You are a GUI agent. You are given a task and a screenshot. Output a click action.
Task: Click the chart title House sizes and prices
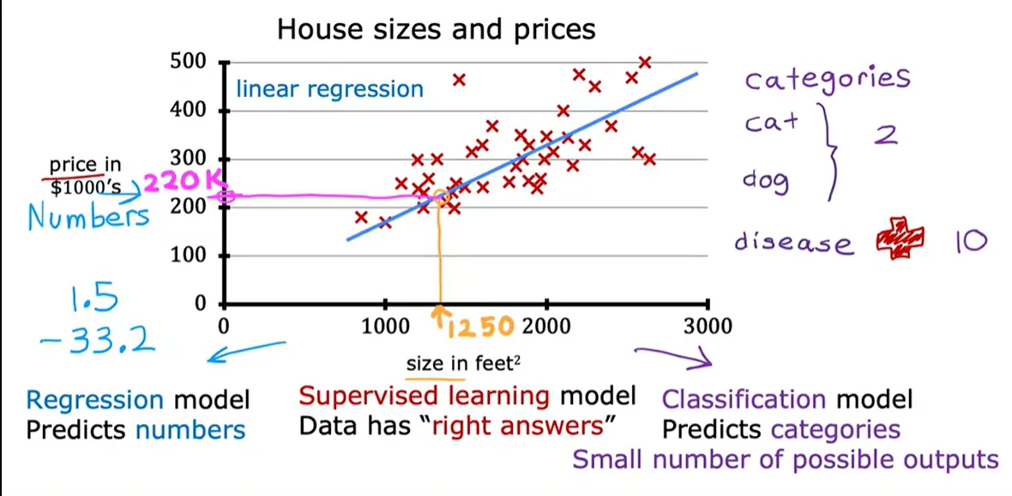(437, 30)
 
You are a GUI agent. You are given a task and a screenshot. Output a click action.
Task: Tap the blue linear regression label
(329, 88)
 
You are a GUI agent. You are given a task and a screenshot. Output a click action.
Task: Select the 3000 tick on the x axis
(708, 326)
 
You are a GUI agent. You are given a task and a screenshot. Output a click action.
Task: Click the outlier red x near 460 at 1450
(459, 80)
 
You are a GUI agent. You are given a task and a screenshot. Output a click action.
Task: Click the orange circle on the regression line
(441, 197)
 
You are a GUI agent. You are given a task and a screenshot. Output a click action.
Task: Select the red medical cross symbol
(900, 241)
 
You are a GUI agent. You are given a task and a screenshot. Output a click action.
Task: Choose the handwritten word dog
(766, 181)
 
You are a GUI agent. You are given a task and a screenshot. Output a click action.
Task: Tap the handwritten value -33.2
(97, 339)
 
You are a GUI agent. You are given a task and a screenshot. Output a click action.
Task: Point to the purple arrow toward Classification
(674, 357)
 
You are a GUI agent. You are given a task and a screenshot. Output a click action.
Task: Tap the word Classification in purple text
(744, 400)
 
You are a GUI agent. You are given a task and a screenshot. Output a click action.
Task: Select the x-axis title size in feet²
(463, 364)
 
